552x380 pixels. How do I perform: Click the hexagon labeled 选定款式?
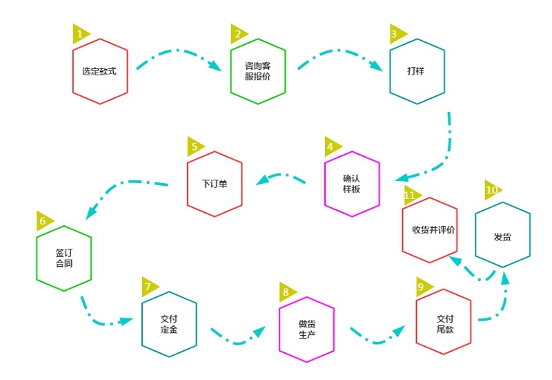[x=100, y=71]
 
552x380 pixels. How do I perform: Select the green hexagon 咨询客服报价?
[x=257, y=71]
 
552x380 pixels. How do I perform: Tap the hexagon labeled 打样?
[x=417, y=71]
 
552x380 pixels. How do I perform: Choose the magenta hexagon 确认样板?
[x=352, y=184]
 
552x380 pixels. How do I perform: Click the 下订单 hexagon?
[x=215, y=184]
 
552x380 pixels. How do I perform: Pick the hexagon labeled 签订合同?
[x=64, y=258]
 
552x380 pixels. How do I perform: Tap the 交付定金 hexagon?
[x=169, y=324]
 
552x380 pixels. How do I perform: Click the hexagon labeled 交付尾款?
[x=444, y=324]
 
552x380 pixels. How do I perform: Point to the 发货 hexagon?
[x=503, y=236]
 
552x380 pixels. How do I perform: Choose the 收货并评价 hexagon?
[x=430, y=230]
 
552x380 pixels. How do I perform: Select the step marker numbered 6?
[x=44, y=221]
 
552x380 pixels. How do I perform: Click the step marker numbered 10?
[x=493, y=190]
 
